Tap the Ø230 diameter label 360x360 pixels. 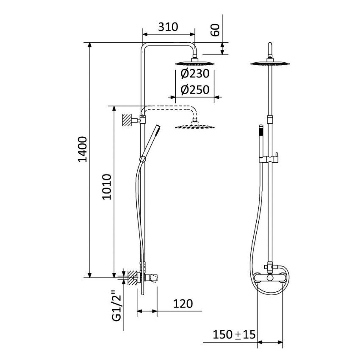[195, 74]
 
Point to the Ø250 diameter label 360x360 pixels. [195, 90]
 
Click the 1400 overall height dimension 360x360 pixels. [83, 149]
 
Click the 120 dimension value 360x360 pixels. [183, 303]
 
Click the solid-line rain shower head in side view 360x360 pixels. [195, 63]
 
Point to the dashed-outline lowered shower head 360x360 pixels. [195, 126]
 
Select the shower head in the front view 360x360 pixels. [270, 64]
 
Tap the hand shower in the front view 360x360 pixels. [262, 140]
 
